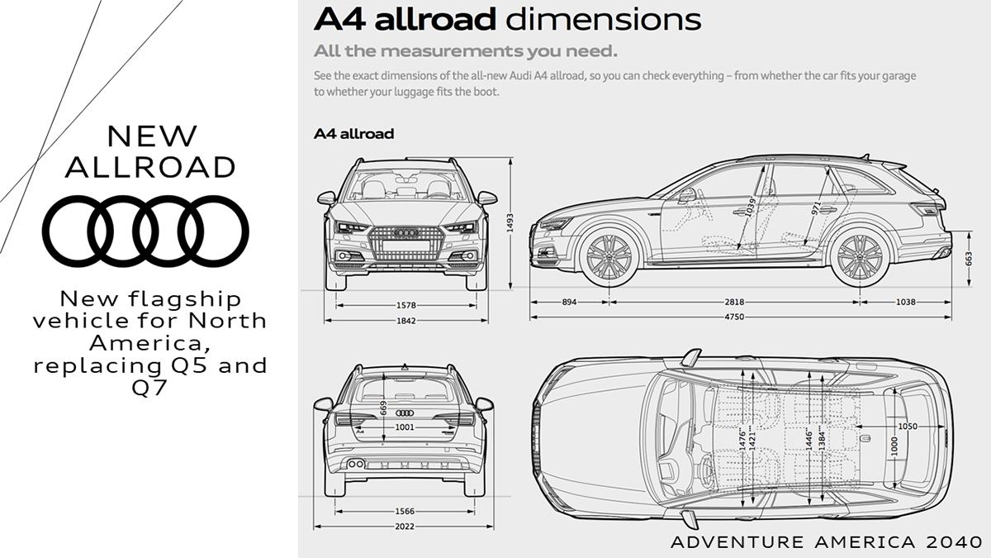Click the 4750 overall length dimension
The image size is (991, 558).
click(x=734, y=317)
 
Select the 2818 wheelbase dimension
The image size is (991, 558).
click(x=734, y=302)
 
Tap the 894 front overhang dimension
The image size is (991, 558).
click(x=569, y=302)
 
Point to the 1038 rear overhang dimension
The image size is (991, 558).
click(x=906, y=302)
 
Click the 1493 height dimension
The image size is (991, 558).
click(x=510, y=222)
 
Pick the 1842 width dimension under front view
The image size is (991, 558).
click(x=405, y=321)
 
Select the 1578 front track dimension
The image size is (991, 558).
click(x=405, y=305)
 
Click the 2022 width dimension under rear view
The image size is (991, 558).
click(x=405, y=527)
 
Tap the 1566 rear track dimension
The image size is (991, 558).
click(x=405, y=512)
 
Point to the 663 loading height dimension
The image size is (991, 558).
click(x=969, y=259)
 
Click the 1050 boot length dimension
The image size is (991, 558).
click(x=908, y=427)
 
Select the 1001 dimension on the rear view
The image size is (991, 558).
click(x=405, y=427)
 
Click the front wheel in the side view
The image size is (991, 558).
click(x=609, y=257)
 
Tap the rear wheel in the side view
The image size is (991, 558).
click(x=860, y=257)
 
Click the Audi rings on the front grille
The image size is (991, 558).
click(x=405, y=232)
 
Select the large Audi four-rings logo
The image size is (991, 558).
click(x=145, y=231)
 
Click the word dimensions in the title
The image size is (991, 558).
click(x=603, y=20)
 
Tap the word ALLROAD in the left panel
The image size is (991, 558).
click(x=150, y=167)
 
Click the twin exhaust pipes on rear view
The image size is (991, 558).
click(x=356, y=464)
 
